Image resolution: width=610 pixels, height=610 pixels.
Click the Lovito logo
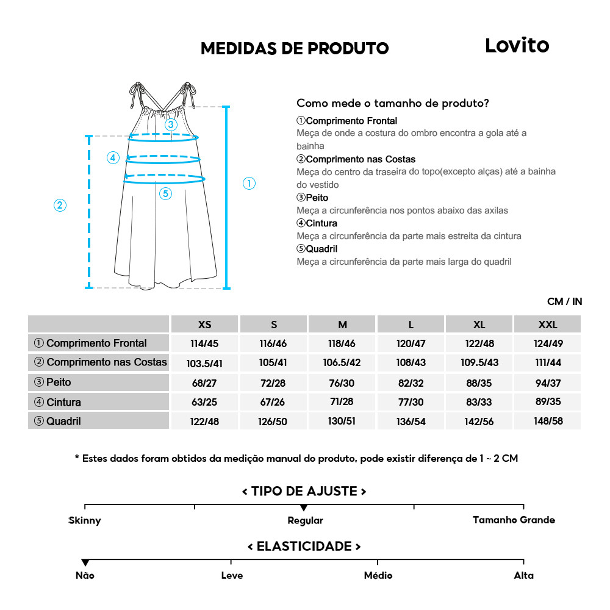pos(517,46)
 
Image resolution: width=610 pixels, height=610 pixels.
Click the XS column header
pos(205,325)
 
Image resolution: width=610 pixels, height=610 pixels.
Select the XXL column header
pos(547,325)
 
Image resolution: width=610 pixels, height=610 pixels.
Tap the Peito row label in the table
pos(98,382)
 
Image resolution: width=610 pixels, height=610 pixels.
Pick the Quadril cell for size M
pos(342,422)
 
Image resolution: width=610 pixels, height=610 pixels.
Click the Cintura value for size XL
pos(479,402)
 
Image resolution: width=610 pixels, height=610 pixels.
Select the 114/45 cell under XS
pos(205,343)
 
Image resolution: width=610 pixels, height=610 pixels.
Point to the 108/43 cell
pos(411,362)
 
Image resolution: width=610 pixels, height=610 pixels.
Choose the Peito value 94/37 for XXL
pos(547,382)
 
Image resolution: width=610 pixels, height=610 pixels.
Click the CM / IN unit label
pos(564,301)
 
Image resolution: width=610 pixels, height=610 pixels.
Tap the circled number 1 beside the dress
pos(249,183)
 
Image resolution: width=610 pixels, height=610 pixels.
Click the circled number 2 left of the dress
pos(60,205)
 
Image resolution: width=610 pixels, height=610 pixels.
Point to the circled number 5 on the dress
pos(165,194)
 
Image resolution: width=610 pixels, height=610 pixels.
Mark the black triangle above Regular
pos(304,508)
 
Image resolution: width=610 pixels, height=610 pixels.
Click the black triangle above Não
pos(85,562)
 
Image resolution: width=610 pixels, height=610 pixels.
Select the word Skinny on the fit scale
pos(85,520)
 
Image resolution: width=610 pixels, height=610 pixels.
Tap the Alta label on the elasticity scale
pos(523,575)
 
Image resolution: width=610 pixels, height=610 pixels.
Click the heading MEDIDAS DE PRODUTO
pos(295,48)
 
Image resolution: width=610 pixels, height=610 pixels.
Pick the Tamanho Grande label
pos(514,520)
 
